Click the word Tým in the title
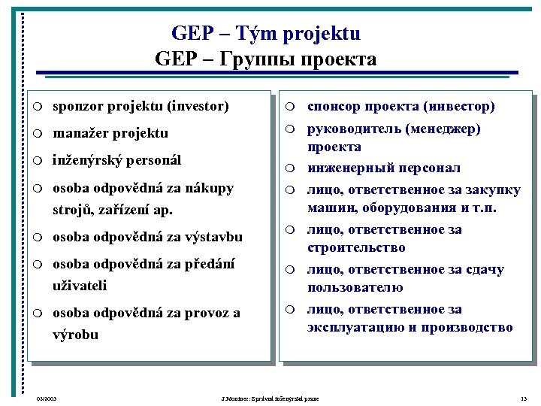pos(252,34)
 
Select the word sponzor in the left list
pos(80,106)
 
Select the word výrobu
pos(75,335)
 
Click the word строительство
pos(356,247)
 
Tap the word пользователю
pos(355,287)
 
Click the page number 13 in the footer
pos(523,397)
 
